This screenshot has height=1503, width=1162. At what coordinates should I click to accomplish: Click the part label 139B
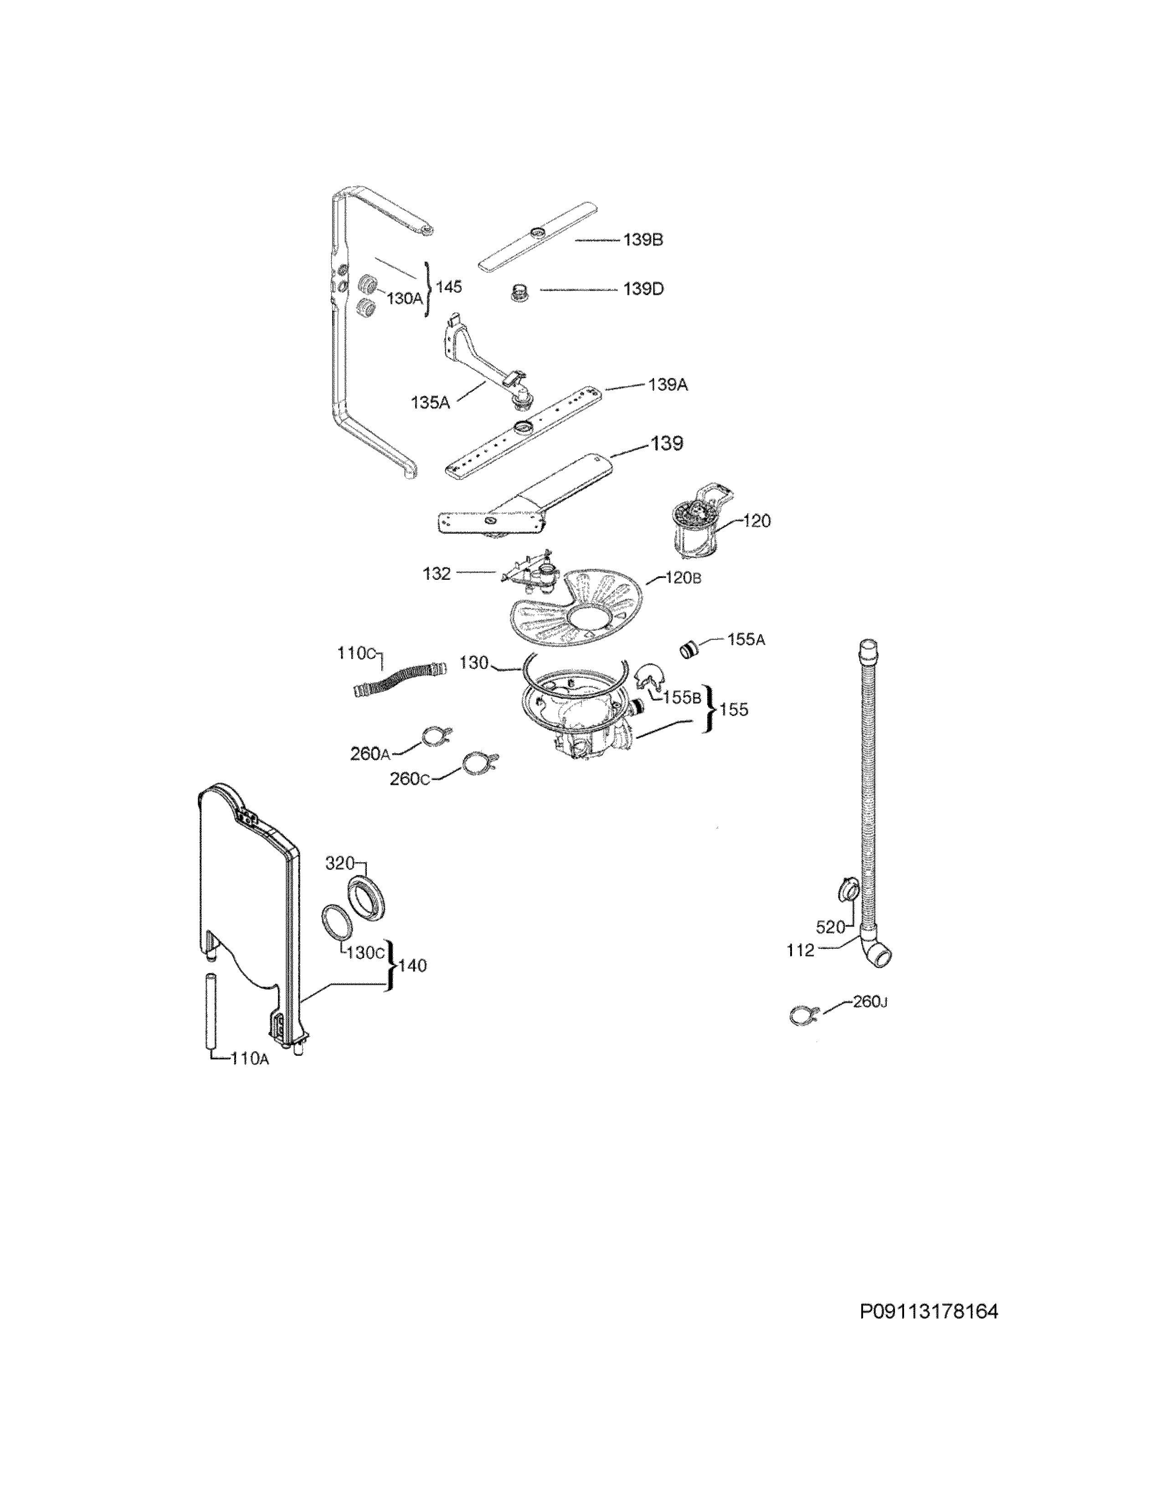tap(643, 240)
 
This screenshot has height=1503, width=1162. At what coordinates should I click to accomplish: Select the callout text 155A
tap(746, 640)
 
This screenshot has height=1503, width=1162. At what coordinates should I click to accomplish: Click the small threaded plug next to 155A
tap(689, 648)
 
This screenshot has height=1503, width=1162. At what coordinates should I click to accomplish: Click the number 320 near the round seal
tap(339, 863)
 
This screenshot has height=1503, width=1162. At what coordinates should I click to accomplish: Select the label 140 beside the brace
tap(412, 966)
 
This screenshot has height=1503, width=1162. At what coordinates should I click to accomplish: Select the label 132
tap(437, 573)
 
